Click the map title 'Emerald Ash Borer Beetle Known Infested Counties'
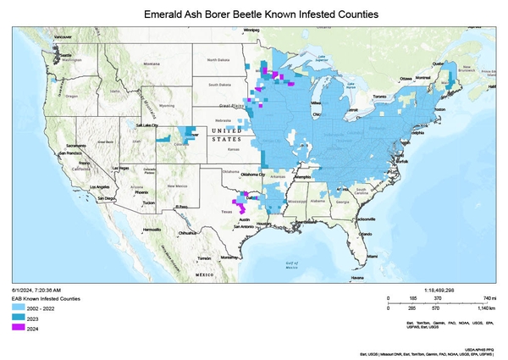(253, 15)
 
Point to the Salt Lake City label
(149, 125)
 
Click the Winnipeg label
(251, 30)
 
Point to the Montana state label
(152, 64)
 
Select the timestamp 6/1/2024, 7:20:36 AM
(36, 291)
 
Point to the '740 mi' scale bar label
(489, 299)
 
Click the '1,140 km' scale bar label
(486, 311)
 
